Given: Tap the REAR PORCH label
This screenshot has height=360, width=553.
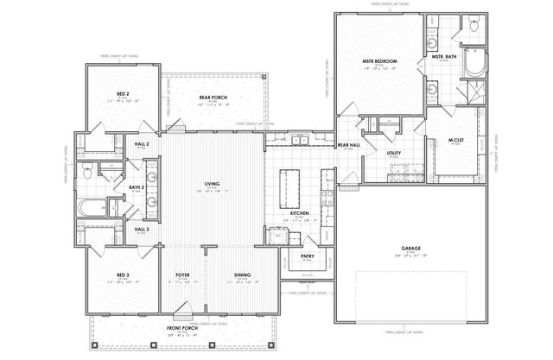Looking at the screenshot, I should tap(212, 98).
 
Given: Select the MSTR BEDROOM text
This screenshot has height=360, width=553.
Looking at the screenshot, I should tap(378, 61).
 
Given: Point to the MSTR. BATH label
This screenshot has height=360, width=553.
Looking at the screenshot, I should tap(443, 57).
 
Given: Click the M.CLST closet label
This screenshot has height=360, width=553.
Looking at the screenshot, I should tap(455, 141).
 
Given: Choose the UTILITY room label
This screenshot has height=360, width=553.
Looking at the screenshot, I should tap(394, 153).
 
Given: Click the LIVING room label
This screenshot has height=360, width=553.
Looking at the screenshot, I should tap(211, 184).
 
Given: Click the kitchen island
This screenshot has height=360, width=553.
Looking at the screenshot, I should tap(287, 186).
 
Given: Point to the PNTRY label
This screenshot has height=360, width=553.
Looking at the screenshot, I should tap(307, 256).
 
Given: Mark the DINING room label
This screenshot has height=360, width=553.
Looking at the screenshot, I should tap(242, 276).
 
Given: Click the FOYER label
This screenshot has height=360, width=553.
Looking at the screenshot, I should tap(182, 276).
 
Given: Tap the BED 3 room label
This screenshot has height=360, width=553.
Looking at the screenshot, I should tap(124, 276).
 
